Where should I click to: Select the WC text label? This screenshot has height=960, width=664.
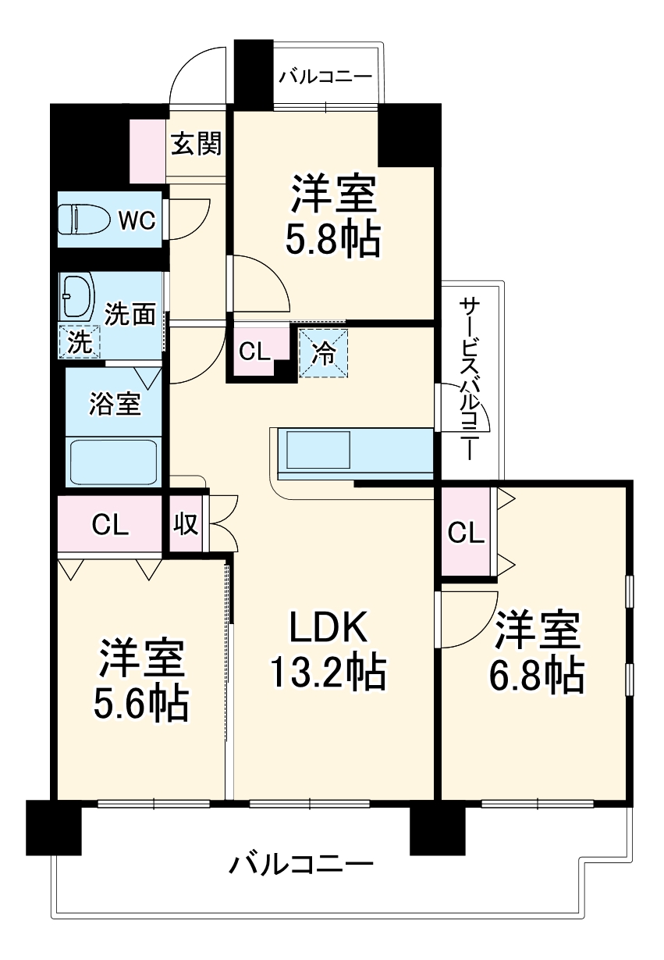136,221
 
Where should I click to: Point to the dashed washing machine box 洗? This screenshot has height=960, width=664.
79,341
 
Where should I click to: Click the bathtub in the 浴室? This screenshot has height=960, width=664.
114,463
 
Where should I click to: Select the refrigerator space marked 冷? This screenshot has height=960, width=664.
323,352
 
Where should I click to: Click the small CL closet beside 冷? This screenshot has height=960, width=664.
255,352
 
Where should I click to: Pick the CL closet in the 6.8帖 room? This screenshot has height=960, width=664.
466,534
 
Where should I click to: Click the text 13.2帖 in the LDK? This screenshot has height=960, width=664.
328,672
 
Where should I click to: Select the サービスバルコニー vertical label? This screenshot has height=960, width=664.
469,375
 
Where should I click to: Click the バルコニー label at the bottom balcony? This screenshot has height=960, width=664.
301,865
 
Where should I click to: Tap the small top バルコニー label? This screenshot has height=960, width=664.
325,77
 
